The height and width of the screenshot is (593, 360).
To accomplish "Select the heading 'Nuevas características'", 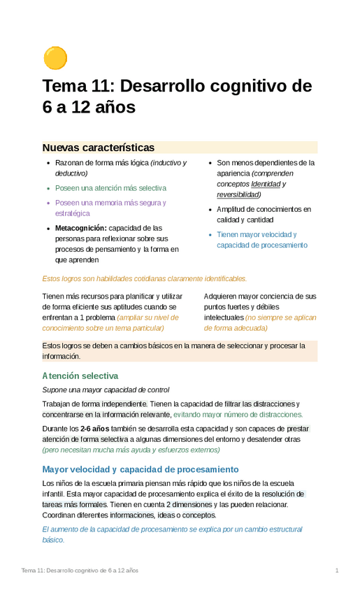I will (x=98, y=148).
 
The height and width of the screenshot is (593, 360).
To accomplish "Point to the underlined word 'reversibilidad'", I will (x=243, y=194).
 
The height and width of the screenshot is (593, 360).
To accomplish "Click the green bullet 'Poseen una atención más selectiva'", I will (x=110, y=188).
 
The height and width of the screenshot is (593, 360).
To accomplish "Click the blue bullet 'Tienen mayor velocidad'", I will (x=257, y=235).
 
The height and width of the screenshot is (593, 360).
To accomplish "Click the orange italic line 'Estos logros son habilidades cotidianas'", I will (x=145, y=278).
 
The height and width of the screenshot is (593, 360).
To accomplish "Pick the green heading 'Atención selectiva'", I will (x=80, y=376).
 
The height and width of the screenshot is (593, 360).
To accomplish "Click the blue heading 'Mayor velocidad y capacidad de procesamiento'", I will (x=141, y=469).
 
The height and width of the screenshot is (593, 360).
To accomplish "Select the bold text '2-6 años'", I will (x=94, y=429).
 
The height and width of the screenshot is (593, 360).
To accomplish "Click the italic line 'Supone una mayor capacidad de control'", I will (x=106, y=390).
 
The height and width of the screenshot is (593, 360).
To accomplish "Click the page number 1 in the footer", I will (x=337, y=571).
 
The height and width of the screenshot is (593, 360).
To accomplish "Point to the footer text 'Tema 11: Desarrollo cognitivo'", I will (x=80, y=571).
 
